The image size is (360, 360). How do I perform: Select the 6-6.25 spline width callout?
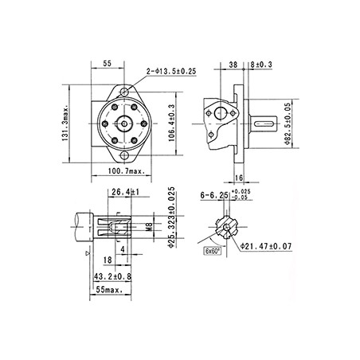[x=217, y=194]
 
